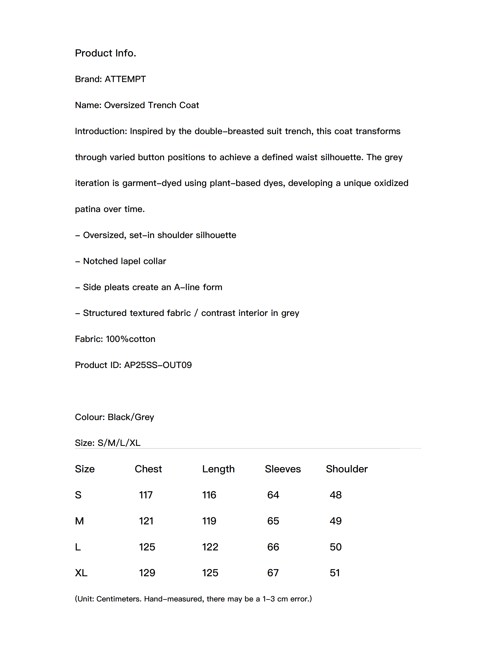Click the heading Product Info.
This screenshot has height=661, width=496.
(x=105, y=53)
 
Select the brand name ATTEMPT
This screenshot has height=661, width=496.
(x=125, y=79)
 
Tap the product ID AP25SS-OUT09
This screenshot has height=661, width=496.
(x=158, y=365)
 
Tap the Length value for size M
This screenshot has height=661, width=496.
(x=209, y=521)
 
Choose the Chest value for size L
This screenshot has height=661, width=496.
(x=147, y=547)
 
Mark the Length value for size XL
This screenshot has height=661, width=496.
(x=210, y=573)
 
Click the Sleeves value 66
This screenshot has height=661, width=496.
(x=273, y=547)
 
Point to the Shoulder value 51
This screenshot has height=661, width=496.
(x=335, y=573)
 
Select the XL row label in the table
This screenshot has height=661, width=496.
(x=81, y=573)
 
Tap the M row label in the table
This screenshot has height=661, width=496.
(x=79, y=521)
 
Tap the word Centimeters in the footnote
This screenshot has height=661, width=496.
(x=119, y=599)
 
